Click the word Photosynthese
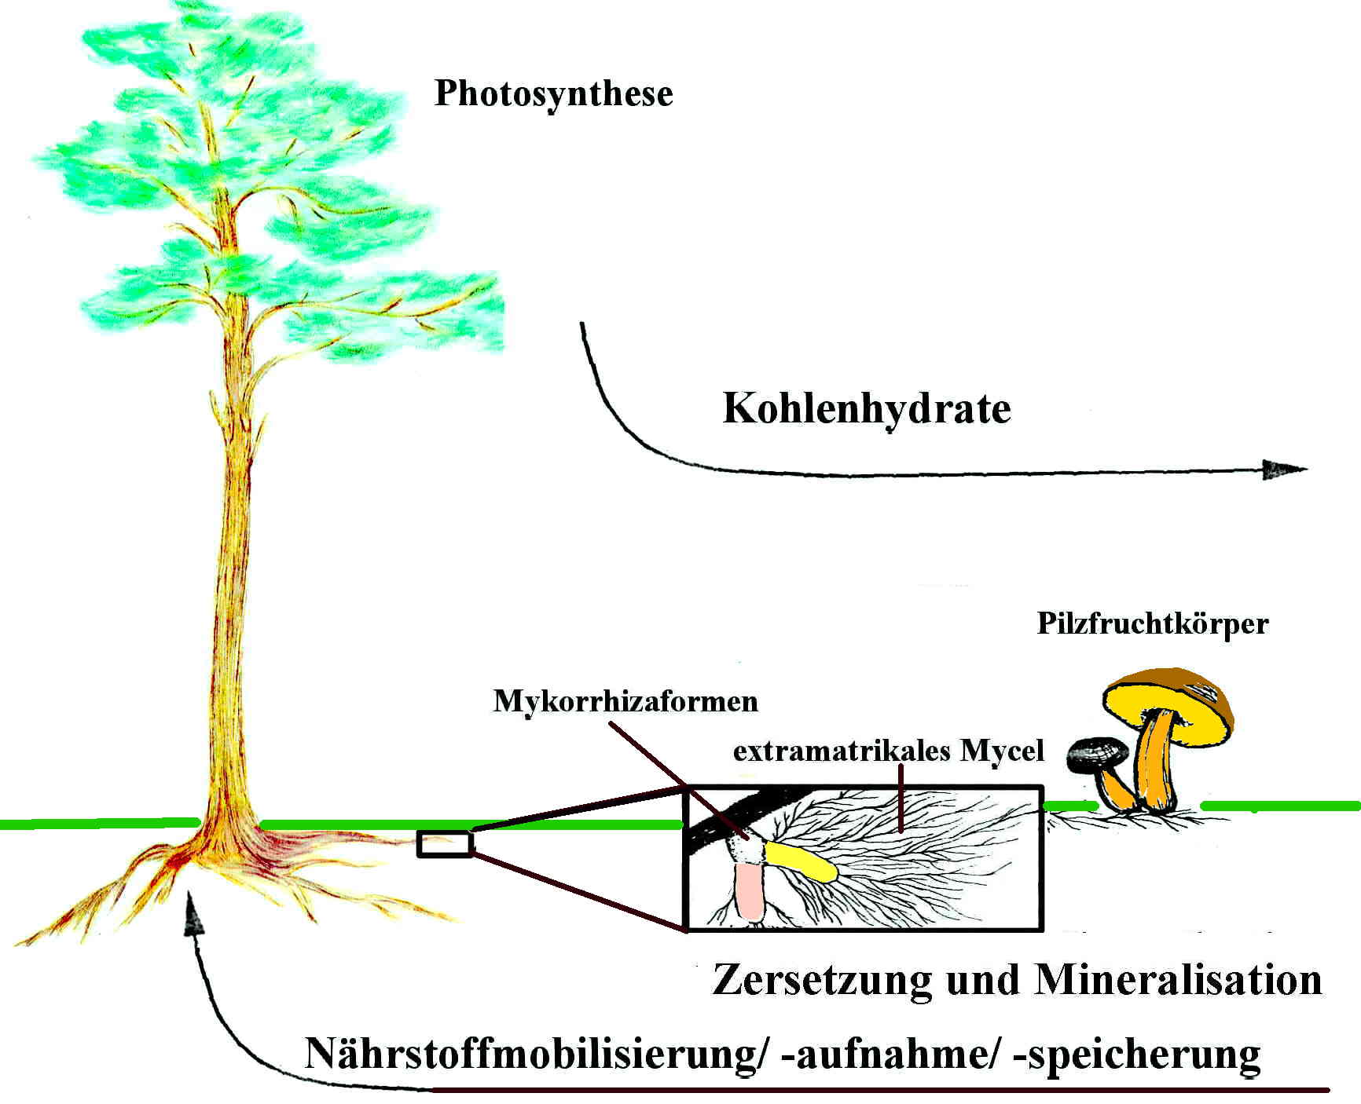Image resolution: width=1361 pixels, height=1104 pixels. click(x=553, y=94)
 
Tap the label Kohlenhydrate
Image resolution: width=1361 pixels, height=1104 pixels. click(x=866, y=408)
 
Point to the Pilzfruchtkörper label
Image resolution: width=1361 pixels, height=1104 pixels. click(x=1153, y=623)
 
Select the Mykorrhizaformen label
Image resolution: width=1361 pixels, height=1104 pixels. click(x=625, y=700)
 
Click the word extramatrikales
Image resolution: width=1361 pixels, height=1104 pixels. click(x=842, y=751)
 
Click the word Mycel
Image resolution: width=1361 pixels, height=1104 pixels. click(x=1002, y=751)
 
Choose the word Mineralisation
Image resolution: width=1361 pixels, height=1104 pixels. click(x=1178, y=980)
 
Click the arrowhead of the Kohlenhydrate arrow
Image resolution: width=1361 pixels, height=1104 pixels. click(x=1282, y=470)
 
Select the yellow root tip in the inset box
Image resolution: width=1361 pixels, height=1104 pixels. click(x=802, y=861)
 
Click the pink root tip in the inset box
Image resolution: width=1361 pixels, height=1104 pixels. click(x=750, y=890)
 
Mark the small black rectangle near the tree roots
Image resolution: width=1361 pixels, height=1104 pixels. click(x=445, y=843)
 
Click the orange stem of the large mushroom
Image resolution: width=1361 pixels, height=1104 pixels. click(x=1155, y=762)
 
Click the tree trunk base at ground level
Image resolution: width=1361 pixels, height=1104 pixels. click(x=228, y=824)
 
